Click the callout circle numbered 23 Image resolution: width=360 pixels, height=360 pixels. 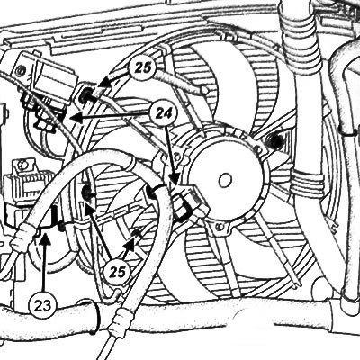coord(42,306)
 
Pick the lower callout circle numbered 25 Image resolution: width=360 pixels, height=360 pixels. coord(117,273)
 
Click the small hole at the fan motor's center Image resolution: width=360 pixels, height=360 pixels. coord(225,180)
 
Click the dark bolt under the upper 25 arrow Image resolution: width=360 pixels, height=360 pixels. coord(87,95)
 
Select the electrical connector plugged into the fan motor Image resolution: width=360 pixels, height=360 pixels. coord(186,202)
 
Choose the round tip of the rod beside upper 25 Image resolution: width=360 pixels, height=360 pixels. coord(204,90)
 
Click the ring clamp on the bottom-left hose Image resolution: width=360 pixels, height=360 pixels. coord(94,316)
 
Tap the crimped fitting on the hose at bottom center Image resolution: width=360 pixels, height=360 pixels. coord(121,321)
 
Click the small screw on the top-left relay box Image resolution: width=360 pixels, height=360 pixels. coord(21,70)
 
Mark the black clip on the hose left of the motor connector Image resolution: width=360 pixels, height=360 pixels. coord(155,191)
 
